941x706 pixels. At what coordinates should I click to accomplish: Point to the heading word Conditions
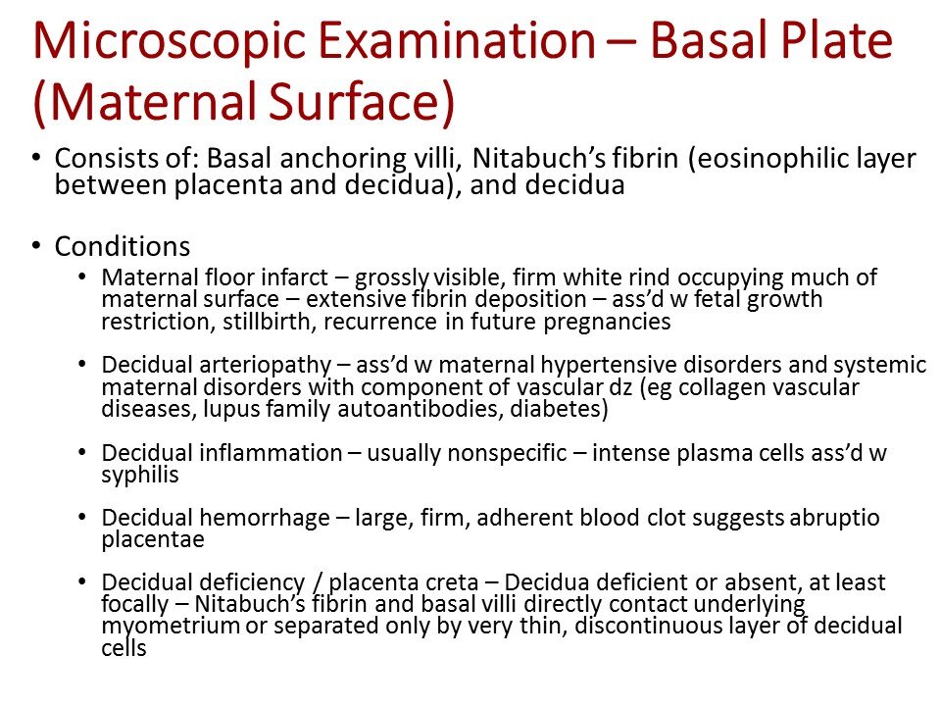123,244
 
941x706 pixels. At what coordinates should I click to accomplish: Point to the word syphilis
134,475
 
